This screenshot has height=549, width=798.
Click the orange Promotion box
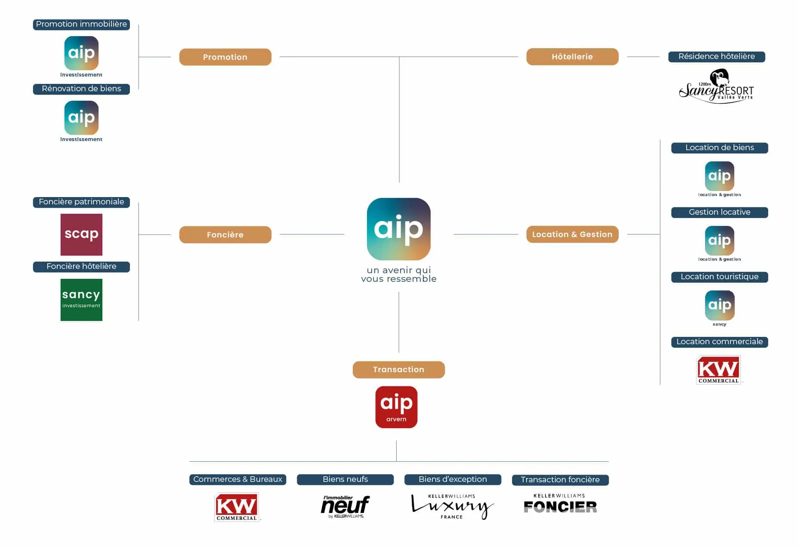(x=225, y=57)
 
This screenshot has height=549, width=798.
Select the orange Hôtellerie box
(x=572, y=56)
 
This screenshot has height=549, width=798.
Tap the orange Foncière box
(x=225, y=234)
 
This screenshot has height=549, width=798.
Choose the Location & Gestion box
(x=572, y=234)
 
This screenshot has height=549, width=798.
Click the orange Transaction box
(x=398, y=369)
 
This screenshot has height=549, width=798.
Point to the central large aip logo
(x=398, y=229)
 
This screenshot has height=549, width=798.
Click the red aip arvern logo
(x=396, y=407)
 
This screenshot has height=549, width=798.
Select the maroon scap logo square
(x=81, y=234)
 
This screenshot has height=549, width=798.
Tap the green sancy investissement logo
(x=81, y=299)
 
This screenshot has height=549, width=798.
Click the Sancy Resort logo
(x=716, y=87)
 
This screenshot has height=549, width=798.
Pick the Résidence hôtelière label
(x=716, y=56)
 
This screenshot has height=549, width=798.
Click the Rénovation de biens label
(x=81, y=89)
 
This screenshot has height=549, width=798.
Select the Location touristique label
(x=719, y=277)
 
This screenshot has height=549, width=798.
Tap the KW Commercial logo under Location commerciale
(x=718, y=370)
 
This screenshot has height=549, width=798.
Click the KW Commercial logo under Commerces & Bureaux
(x=237, y=506)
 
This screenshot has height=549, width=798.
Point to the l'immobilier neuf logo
(x=345, y=506)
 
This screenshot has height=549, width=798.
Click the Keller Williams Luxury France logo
(x=452, y=506)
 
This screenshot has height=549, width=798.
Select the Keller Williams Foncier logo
(x=560, y=504)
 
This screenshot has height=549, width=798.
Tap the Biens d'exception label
(x=453, y=479)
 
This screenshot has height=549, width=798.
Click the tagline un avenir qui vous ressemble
(x=398, y=274)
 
